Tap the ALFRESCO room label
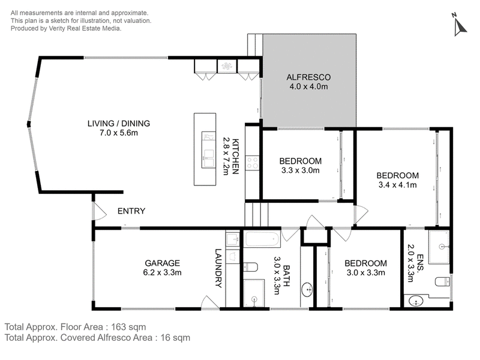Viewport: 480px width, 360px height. [x=308, y=77]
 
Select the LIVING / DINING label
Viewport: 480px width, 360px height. [x=119, y=124]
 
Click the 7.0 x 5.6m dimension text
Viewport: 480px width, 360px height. [x=119, y=133]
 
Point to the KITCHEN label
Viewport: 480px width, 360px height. [x=235, y=157]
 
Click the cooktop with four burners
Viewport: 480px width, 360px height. [x=252, y=163]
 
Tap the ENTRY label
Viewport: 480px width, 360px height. [x=131, y=211]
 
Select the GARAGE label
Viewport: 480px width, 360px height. [x=162, y=263]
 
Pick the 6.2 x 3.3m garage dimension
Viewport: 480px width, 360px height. [x=162, y=272]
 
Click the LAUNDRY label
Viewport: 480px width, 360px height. [x=218, y=268]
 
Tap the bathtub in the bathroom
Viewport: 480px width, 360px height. [x=263, y=239]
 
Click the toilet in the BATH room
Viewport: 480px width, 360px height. [x=251, y=267]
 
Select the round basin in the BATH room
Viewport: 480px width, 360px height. [x=307, y=289]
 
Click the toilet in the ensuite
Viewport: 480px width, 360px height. [x=443, y=281]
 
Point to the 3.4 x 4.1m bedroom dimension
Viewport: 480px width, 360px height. [x=398, y=185]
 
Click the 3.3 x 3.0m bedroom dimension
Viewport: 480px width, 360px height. [x=301, y=170]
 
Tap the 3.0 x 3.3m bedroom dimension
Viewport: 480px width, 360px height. [x=366, y=272]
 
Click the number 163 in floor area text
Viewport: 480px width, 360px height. [x=118, y=327]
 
